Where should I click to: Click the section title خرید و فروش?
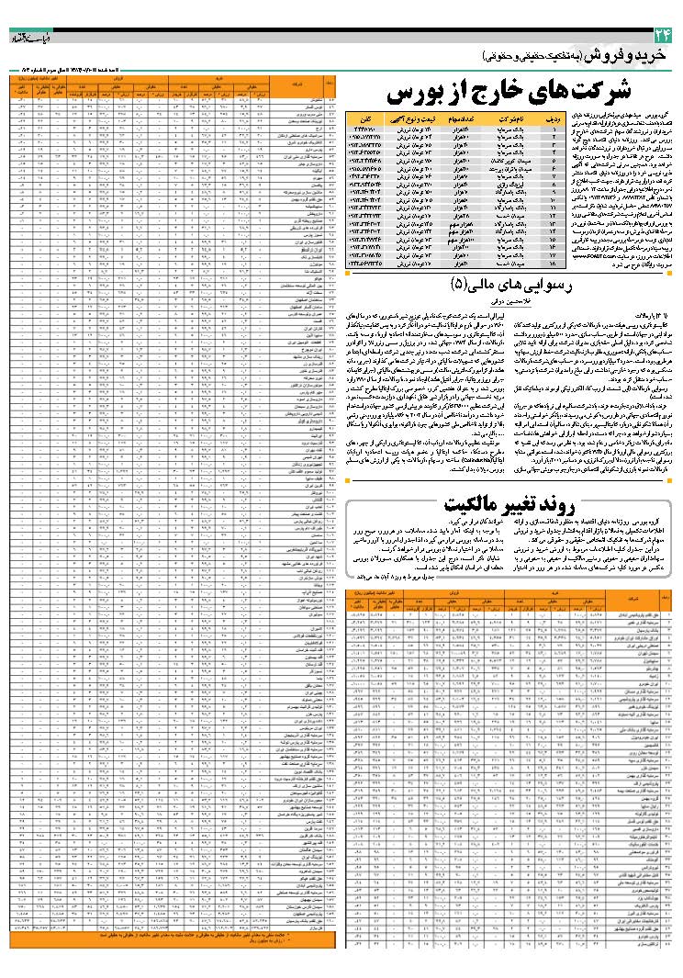coord(633,57)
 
